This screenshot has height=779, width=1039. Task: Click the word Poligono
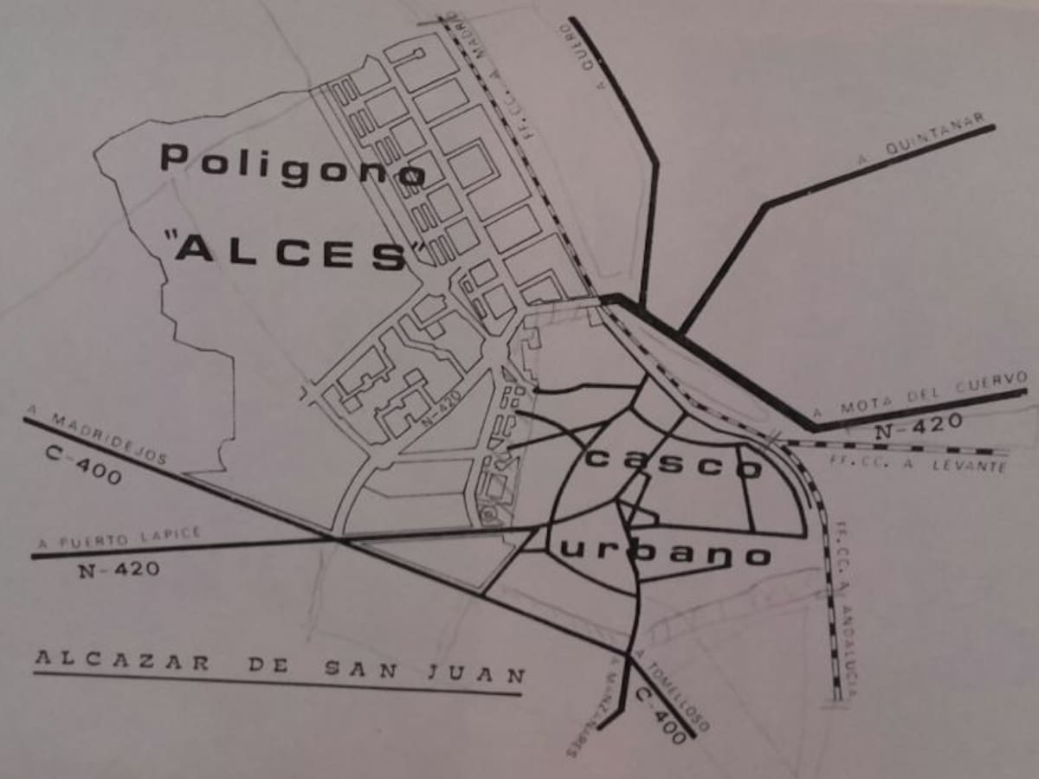[x=293, y=164]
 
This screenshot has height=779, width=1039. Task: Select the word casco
[x=674, y=463]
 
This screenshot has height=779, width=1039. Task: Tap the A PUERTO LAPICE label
[x=119, y=538]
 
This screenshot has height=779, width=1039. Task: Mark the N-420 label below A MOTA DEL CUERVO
[x=918, y=425]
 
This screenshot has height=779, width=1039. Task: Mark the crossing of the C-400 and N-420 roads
[x=336, y=539]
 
